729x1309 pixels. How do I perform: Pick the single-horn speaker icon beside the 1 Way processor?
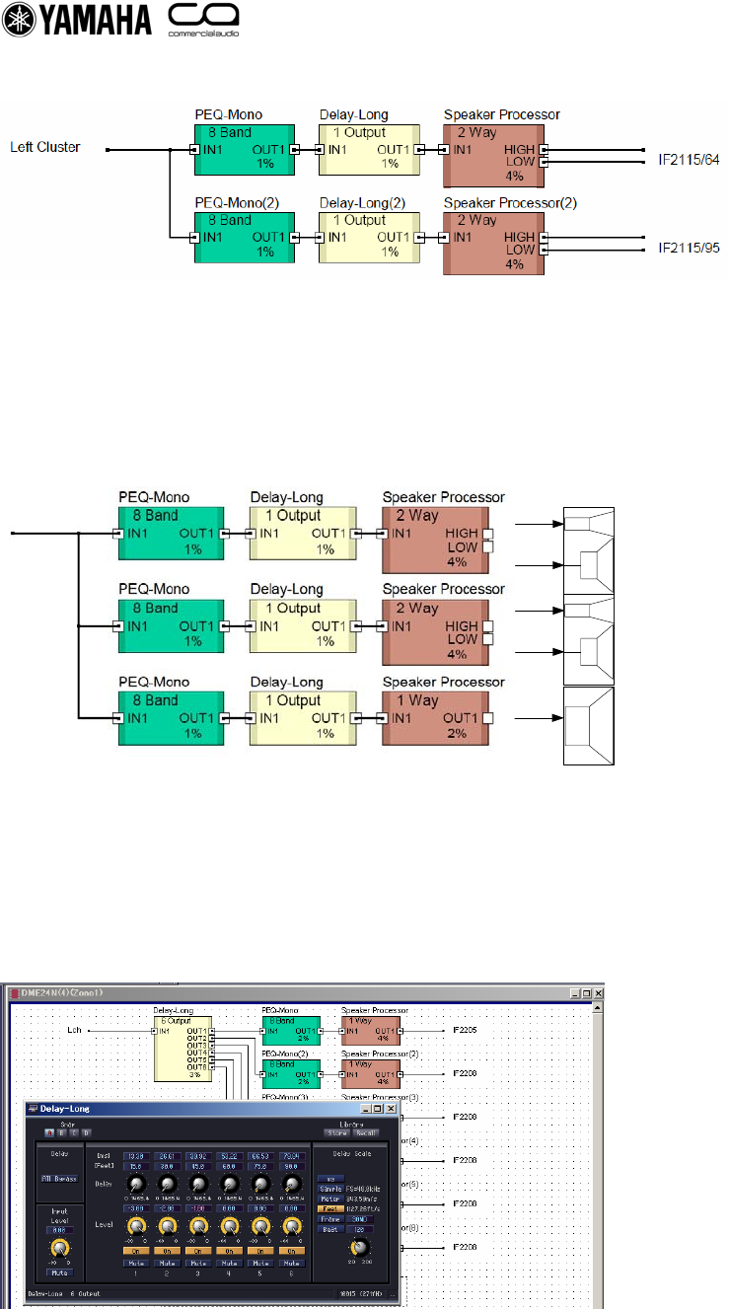click(x=588, y=726)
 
